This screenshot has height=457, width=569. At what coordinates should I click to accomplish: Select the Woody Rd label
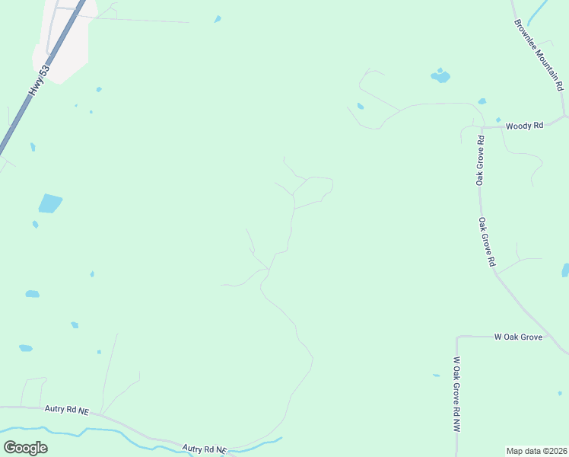coord(524,125)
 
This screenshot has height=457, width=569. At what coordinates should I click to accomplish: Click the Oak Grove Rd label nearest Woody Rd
coord(480,161)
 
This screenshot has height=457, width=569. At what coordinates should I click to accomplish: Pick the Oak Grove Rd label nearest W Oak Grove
coord(488,241)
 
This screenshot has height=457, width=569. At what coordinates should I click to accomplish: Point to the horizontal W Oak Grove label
coord(518,336)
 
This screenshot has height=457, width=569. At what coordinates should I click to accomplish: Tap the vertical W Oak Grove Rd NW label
coord(457,395)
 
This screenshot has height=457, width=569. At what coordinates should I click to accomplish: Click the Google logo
coord(25,447)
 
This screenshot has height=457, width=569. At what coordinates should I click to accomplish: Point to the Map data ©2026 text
coord(537,451)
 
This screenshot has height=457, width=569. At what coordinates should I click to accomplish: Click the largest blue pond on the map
coord(49,203)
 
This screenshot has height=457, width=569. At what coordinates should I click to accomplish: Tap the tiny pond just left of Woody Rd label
coord(497,120)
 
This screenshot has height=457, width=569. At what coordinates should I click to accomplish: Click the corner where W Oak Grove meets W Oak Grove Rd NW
coord(458,337)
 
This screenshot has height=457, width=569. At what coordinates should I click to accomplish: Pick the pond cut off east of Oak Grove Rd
coord(565,270)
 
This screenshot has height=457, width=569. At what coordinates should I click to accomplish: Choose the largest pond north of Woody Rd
coord(440,76)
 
